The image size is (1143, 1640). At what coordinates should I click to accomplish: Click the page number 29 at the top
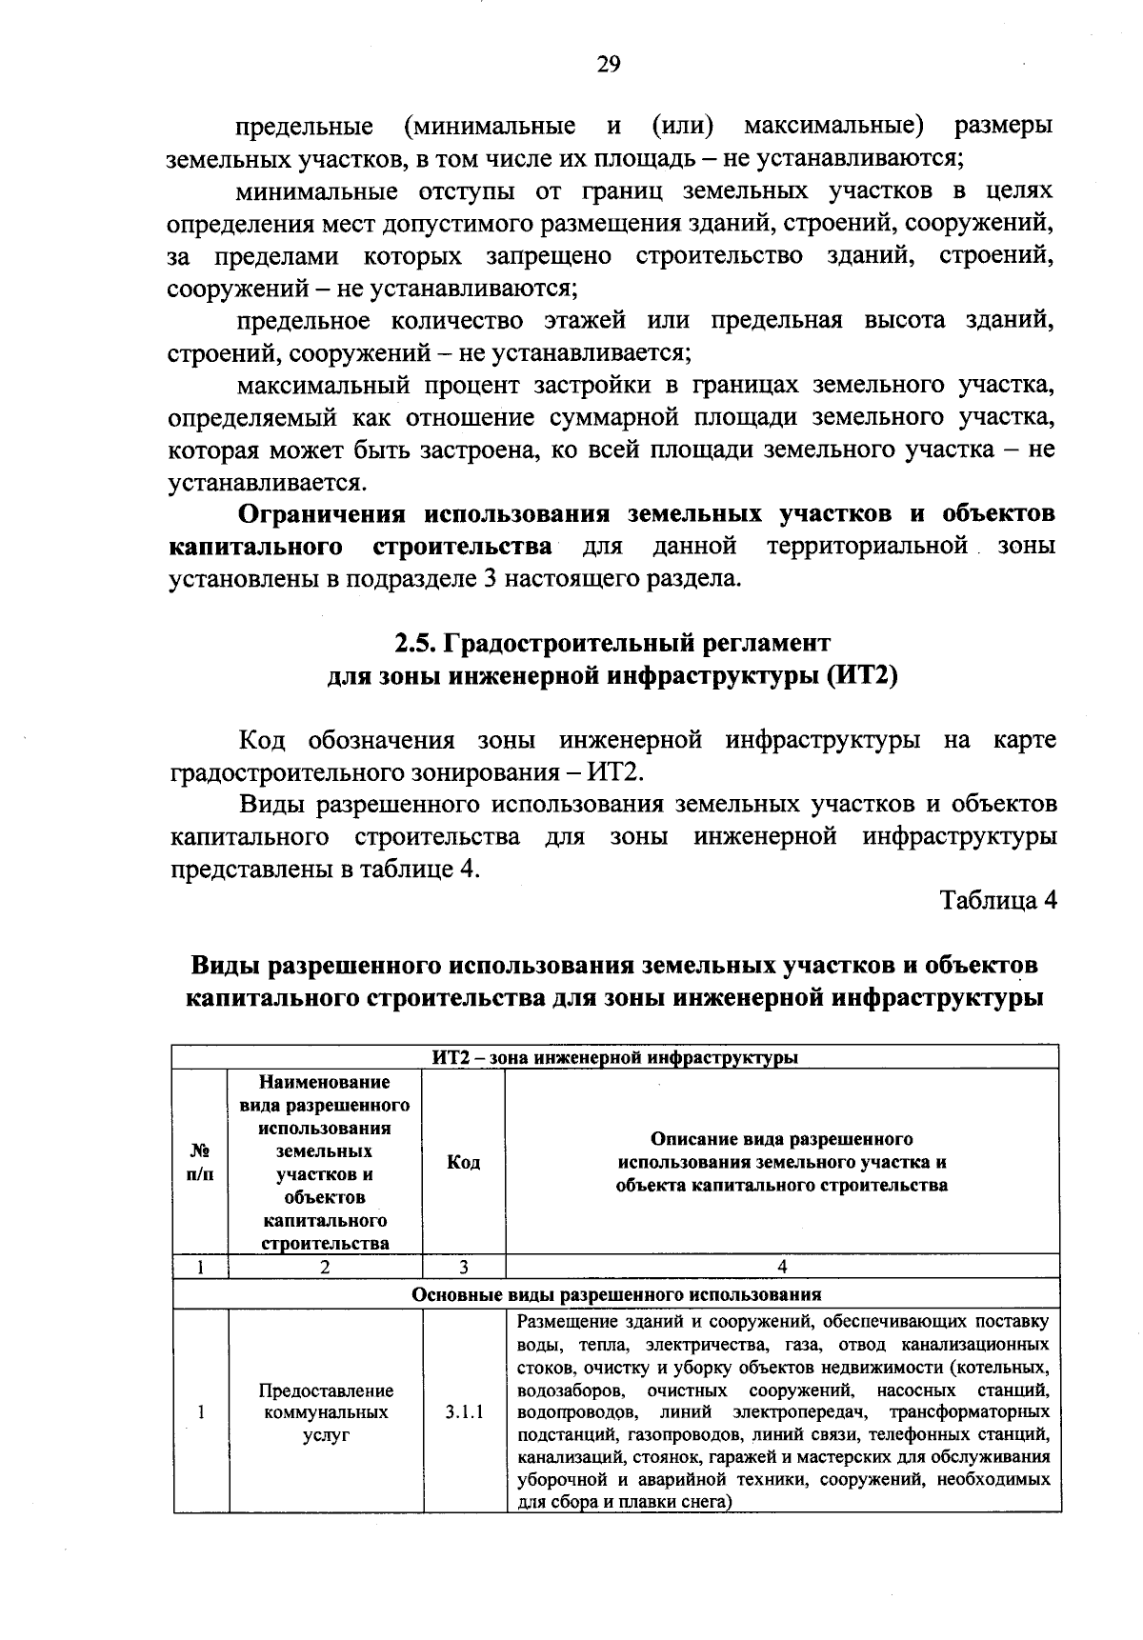(609, 64)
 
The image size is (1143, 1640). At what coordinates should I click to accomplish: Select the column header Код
(463, 1163)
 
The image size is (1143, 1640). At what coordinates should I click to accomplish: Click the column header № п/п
(200, 1163)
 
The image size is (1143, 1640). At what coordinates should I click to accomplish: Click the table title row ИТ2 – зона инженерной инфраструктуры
(615, 1057)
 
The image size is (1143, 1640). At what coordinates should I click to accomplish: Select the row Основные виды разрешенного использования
(615, 1295)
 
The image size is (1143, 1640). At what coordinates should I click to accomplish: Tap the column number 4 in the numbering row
(782, 1268)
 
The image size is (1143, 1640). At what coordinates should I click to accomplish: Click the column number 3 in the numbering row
(463, 1268)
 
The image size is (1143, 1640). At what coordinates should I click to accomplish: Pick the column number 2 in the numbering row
(326, 1268)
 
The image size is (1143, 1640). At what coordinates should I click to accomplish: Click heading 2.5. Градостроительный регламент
(613, 643)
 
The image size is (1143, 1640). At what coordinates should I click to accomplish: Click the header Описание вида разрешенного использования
(781, 1163)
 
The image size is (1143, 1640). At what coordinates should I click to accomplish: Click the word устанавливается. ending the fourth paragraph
(252, 482)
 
